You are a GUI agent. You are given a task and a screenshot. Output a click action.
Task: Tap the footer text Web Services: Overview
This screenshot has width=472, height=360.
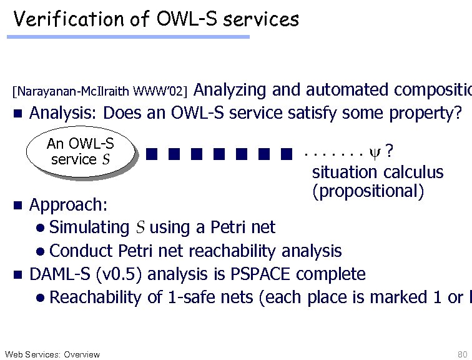pos(52,354)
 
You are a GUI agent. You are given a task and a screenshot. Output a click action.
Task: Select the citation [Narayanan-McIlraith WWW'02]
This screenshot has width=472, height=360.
pos(100,92)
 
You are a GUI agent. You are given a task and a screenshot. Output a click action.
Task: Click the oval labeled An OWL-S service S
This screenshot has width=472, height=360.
pos(81,151)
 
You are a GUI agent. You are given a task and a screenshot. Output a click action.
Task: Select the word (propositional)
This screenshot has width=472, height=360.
pos(368,190)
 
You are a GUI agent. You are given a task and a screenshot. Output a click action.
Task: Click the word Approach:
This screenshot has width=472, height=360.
pos(69,205)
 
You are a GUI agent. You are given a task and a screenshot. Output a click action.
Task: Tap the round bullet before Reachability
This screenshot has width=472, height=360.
pos(40,297)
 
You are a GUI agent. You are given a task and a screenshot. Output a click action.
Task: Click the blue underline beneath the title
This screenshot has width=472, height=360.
pos(128,37)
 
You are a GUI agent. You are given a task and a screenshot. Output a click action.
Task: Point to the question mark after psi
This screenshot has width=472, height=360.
pos(390,151)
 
